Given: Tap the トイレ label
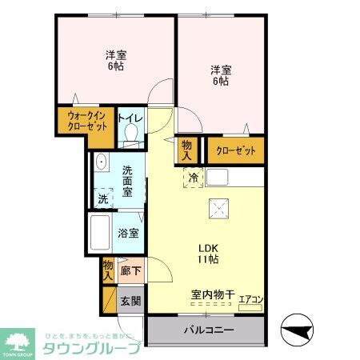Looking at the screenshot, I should pyautogui.click(x=130, y=117).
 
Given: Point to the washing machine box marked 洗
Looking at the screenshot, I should pyautogui.click(x=102, y=197).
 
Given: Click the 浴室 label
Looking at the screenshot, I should pyautogui.click(x=129, y=234).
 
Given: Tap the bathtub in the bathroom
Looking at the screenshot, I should pyautogui.click(x=101, y=231).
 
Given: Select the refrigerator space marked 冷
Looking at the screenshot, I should pyautogui.click(x=194, y=178).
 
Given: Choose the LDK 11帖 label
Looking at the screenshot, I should pyautogui.click(x=209, y=254).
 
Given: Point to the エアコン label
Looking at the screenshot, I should pyautogui.click(x=252, y=299).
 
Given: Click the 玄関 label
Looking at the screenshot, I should pyautogui.click(x=130, y=301).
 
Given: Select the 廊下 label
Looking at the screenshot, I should pyautogui.click(x=130, y=272).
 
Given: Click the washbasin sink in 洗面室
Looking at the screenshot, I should pyautogui.click(x=102, y=163).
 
